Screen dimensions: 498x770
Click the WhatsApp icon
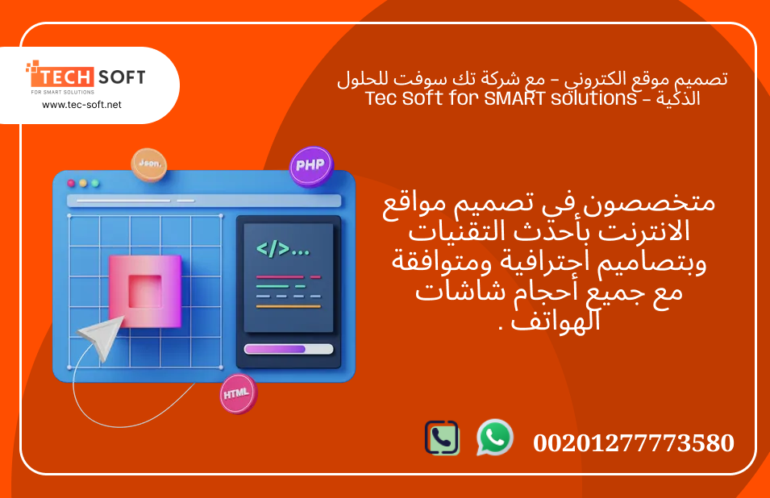tap(494, 438)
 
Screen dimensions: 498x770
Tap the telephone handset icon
tap(442, 438)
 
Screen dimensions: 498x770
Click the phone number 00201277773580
tap(634, 442)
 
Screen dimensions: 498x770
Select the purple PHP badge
tap(310, 166)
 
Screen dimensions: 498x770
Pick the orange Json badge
tap(149, 164)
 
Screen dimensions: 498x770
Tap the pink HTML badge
tap(238, 393)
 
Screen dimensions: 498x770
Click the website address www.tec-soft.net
tap(81, 105)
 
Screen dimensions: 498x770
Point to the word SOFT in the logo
tap(121, 77)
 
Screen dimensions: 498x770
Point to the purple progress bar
tap(275, 349)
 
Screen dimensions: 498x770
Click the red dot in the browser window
tap(71, 183)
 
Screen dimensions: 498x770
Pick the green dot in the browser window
tap(95, 183)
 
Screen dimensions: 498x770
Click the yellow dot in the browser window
tap(83, 183)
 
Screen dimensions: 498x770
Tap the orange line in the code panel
tap(288, 306)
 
